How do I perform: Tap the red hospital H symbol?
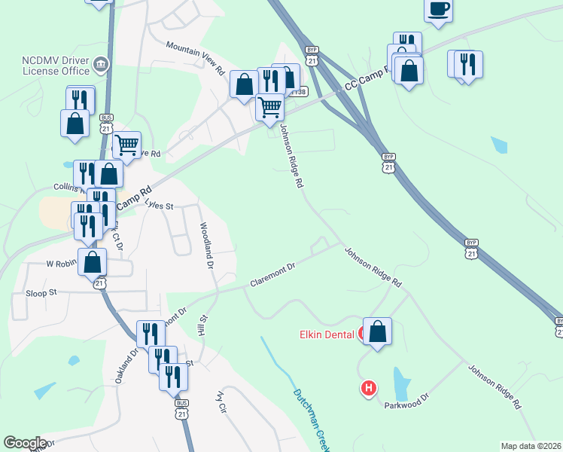(x=368, y=389)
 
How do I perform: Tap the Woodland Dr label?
(x=207, y=246)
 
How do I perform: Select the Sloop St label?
(x=41, y=292)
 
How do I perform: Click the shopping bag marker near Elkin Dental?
(x=377, y=331)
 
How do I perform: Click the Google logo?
(x=24, y=443)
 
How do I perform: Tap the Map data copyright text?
(x=531, y=446)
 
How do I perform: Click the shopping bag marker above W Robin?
(x=92, y=262)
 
